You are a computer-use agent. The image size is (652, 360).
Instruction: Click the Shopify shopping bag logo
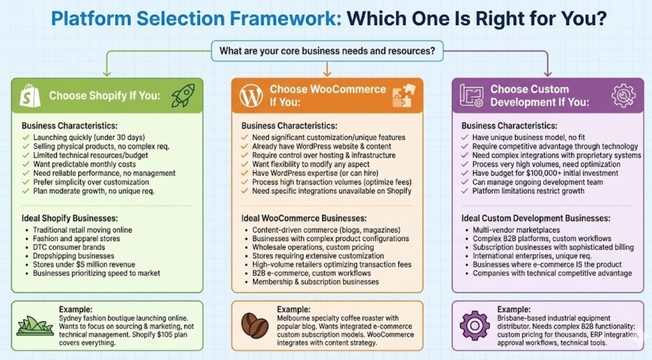(x=30, y=95)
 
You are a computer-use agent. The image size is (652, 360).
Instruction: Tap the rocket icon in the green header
(x=183, y=95)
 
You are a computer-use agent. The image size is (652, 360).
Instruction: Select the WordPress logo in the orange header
(x=251, y=95)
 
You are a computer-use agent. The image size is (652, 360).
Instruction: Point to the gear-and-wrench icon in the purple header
(x=623, y=95)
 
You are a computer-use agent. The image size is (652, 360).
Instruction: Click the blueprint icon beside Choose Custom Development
(x=472, y=95)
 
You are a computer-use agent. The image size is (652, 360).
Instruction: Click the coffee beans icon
(x=255, y=325)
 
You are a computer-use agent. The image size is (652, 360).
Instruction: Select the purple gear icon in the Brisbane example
(x=474, y=325)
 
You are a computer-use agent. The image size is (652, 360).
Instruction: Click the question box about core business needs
(x=327, y=52)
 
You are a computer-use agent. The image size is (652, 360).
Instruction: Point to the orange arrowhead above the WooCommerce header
(x=327, y=73)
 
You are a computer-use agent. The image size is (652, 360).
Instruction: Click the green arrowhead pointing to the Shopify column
(x=107, y=73)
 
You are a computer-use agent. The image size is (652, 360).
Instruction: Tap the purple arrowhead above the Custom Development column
(x=547, y=73)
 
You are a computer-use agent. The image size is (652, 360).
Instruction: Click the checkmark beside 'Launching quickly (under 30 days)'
(x=25, y=138)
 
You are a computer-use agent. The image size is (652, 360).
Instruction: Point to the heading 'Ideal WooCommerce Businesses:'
(x=304, y=218)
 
